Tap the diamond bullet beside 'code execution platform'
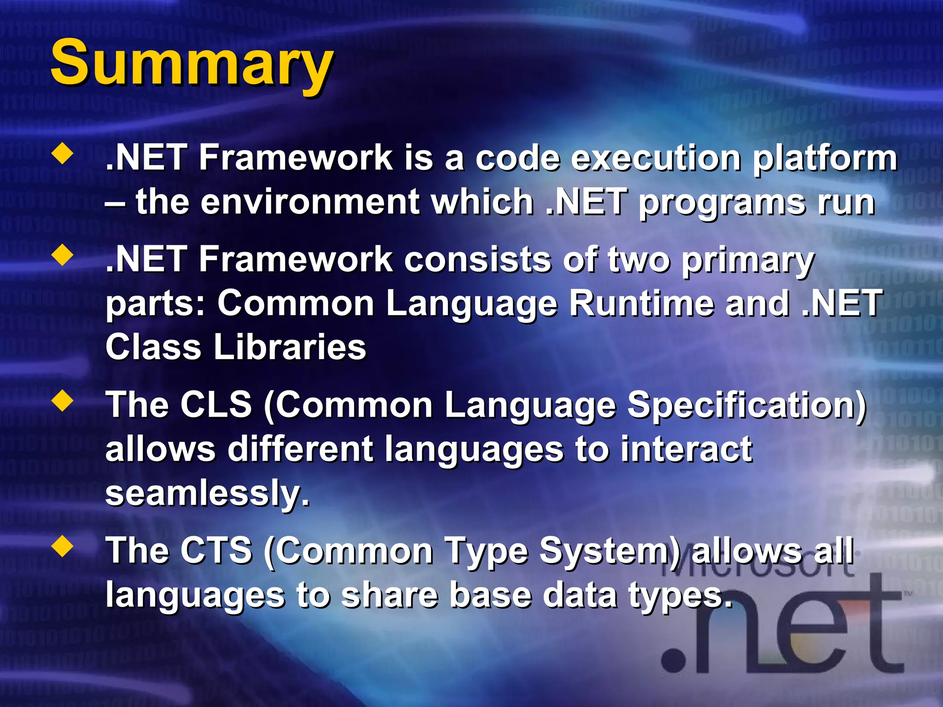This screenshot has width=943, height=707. coord(63,155)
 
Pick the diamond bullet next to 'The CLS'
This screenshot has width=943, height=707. coord(63,401)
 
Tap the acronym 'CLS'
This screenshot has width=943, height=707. coord(215,405)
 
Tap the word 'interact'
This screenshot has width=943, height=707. coord(686,449)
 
